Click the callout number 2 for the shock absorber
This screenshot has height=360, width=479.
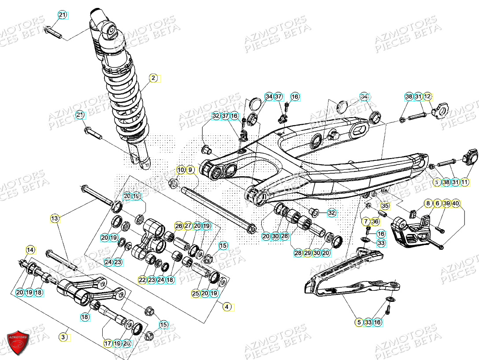coord(153,78)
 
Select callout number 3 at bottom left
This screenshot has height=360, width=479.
coord(63,337)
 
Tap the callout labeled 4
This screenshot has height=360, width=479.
coord(227,307)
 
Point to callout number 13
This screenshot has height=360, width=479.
coord(54,218)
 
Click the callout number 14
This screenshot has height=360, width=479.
coord(30,250)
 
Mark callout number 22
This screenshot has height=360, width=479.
coord(142,280)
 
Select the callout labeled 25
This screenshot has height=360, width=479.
coord(195,293)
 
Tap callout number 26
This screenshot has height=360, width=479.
coord(178,226)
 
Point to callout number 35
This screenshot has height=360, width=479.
coord(385,205)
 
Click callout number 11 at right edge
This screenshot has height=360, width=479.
coord(465,182)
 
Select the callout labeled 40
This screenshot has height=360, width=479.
coord(456,203)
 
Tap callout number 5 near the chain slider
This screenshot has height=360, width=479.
coord(359,323)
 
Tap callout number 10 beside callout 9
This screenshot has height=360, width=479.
coord(181,170)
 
